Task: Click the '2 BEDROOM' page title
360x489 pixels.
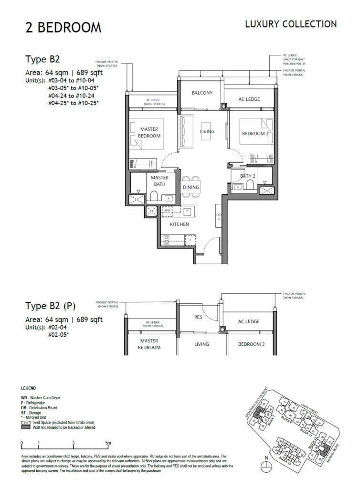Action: [x=63, y=28]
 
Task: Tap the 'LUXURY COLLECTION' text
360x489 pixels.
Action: [x=291, y=24]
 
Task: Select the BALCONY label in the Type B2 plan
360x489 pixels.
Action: [x=202, y=93]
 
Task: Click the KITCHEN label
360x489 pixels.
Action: [x=180, y=224]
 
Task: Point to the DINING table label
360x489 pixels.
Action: [x=191, y=187]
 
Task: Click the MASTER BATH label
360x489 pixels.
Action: [x=160, y=181]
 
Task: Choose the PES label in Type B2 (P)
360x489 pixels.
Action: [x=199, y=317]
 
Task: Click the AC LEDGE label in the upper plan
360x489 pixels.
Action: [x=249, y=99]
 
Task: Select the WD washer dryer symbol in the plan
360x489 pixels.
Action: [x=167, y=210]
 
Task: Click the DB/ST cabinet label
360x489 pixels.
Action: [x=219, y=216]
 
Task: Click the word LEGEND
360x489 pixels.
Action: [x=29, y=388]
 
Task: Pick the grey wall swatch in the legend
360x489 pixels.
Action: [x=26, y=427]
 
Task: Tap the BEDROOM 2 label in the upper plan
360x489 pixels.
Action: [x=253, y=133]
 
